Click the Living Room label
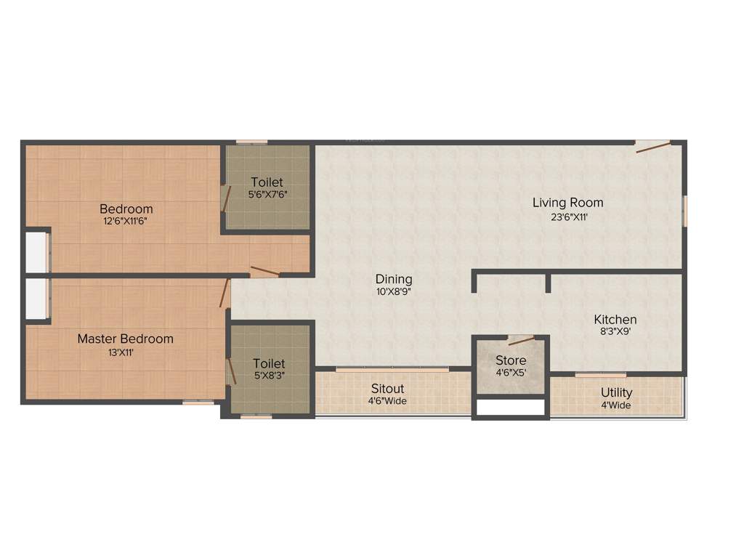567,203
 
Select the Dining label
394,279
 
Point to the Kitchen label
615,320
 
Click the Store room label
511,360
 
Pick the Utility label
616,393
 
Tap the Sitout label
387,389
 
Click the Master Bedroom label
126,339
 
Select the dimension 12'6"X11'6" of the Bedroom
128,222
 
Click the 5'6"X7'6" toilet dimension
267,195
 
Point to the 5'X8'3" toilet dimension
268,376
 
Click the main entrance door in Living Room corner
652,147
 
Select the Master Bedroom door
225,292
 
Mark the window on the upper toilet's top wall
251,142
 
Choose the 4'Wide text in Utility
616,405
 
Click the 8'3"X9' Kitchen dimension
615,332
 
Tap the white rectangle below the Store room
510,408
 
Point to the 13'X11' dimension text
126,352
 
